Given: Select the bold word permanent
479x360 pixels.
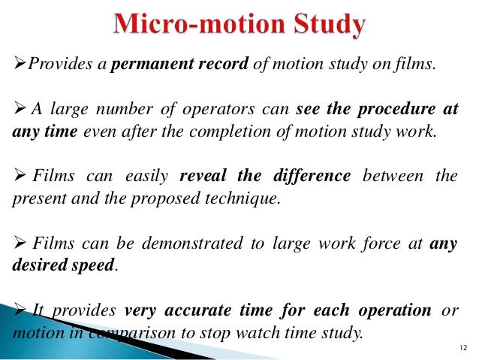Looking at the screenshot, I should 147,65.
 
